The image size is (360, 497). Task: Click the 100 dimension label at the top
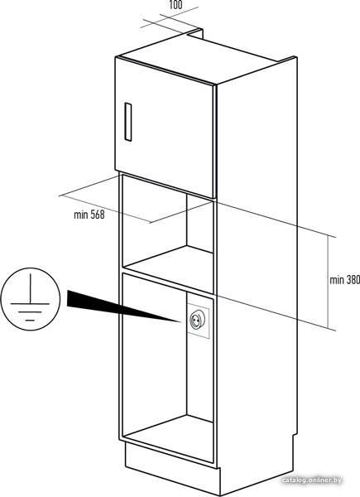tap(175, 4)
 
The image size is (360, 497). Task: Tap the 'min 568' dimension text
tap(89, 215)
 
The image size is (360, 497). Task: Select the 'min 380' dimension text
tap(344, 280)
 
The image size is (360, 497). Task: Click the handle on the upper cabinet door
tap(128, 122)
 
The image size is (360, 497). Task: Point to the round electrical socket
tap(197, 320)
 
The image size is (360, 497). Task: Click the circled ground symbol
tap(30, 299)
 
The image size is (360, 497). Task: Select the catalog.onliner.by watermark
tap(311, 480)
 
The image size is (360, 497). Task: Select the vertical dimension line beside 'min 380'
tap(328, 282)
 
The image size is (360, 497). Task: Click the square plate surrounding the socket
tap(198, 320)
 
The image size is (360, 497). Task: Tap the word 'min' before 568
tap(81, 215)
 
